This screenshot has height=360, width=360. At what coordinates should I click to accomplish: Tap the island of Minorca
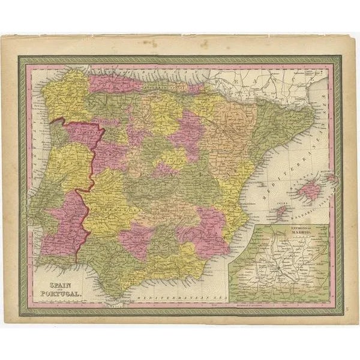330,178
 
